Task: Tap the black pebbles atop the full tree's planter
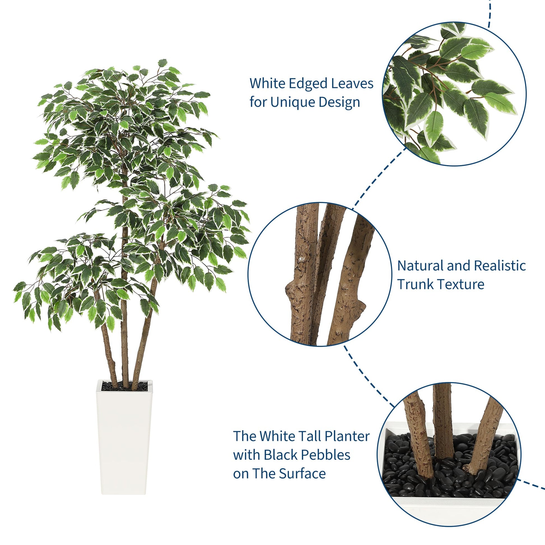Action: tap(124, 386)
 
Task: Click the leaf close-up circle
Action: tap(454, 94)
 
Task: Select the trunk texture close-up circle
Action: tap(320, 274)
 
